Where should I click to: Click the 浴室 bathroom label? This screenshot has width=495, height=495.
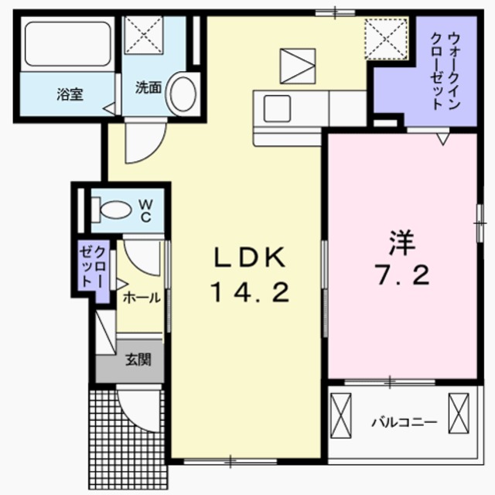70,94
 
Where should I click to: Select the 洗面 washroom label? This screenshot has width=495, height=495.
148,87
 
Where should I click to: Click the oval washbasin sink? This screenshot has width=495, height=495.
183,92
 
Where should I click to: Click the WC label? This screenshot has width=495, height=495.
145,209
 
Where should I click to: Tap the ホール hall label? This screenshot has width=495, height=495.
141,297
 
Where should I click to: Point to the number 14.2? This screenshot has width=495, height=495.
249,292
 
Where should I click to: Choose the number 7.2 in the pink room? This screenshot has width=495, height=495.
402,276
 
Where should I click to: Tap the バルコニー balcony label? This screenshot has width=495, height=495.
404,422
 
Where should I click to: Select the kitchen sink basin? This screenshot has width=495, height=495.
277,108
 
